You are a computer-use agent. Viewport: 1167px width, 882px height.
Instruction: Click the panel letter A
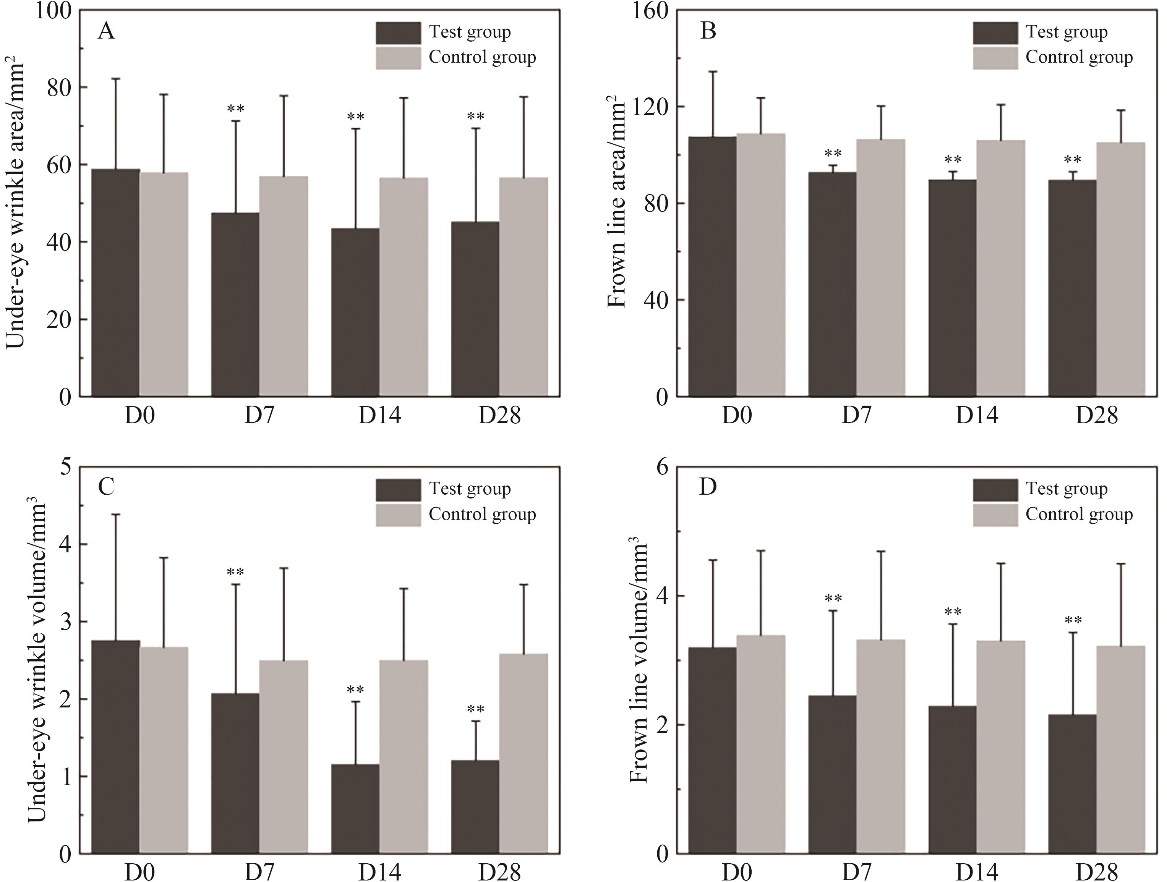point(106,32)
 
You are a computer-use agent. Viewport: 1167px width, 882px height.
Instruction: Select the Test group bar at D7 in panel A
point(235,304)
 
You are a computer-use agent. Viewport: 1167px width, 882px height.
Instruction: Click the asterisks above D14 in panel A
point(356,117)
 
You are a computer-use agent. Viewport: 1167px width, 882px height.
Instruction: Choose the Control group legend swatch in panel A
point(398,58)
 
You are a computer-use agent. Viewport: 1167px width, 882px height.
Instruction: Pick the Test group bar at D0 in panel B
point(712,266)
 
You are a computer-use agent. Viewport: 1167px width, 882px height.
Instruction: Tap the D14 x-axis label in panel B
point(977,416)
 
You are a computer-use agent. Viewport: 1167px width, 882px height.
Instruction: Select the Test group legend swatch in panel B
point(995,33)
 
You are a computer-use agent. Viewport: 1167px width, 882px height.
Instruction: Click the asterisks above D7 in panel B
point(833,154)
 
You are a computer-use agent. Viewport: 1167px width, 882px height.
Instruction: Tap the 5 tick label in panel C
point(66,468)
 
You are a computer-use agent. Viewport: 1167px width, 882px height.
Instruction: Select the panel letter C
point(106,487)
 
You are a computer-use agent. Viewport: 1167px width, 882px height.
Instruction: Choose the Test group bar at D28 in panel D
point(1072,784)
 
